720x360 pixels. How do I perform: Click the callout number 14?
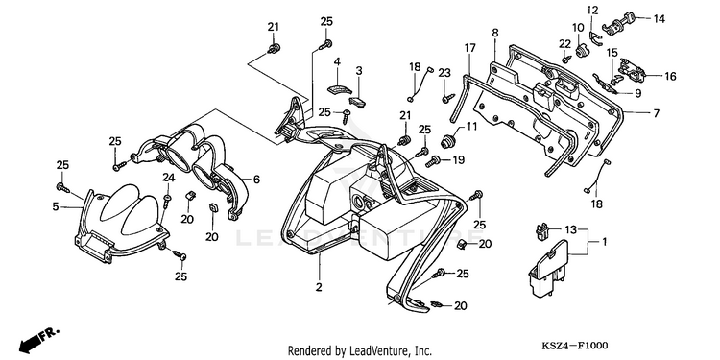659,19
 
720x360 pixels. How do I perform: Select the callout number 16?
670,76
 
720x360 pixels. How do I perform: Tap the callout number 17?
469,48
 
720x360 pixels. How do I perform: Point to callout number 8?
495,33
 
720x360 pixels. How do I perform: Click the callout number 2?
319,287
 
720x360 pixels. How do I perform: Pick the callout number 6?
256,180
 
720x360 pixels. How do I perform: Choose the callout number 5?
56,207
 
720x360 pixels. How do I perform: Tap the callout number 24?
169,178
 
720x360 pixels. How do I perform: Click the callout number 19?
458,159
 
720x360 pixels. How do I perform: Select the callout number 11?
471,126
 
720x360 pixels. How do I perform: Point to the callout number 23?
444,73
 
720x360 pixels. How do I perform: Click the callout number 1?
604,241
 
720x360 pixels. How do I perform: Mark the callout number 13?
570,229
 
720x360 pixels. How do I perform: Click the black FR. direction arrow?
30,342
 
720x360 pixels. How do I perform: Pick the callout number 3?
359,70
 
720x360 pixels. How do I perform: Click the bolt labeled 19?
433,161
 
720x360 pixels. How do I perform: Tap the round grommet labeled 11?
447,140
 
